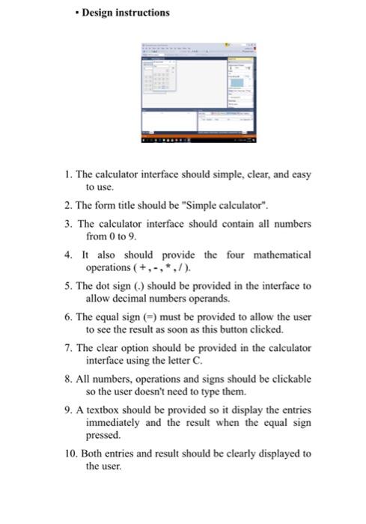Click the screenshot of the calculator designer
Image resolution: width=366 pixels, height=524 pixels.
pos(201,94)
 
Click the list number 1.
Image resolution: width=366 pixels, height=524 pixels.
pos(67,174)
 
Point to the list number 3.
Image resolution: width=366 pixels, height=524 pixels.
pos(67,224)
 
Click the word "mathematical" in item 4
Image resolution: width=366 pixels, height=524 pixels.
pos(278,255)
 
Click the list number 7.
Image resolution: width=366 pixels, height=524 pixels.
pos(67,348)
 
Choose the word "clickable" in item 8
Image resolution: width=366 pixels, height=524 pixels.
pos(290,379)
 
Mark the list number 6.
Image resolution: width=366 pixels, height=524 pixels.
pos(67,317)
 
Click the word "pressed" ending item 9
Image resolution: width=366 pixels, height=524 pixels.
pos(103,434)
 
